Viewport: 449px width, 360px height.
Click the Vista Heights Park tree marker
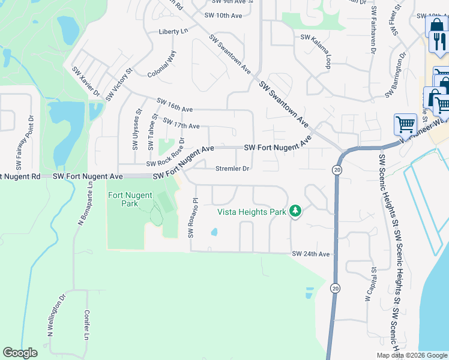295,211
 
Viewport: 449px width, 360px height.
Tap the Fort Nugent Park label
130,199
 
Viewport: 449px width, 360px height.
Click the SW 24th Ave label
311,254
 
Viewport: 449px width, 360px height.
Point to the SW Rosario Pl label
192,217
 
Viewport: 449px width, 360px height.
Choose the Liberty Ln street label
173,31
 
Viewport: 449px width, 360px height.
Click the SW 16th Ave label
175,105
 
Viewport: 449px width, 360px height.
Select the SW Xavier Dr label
86,80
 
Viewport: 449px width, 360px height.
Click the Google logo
20,353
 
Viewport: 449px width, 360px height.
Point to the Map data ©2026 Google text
411,355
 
